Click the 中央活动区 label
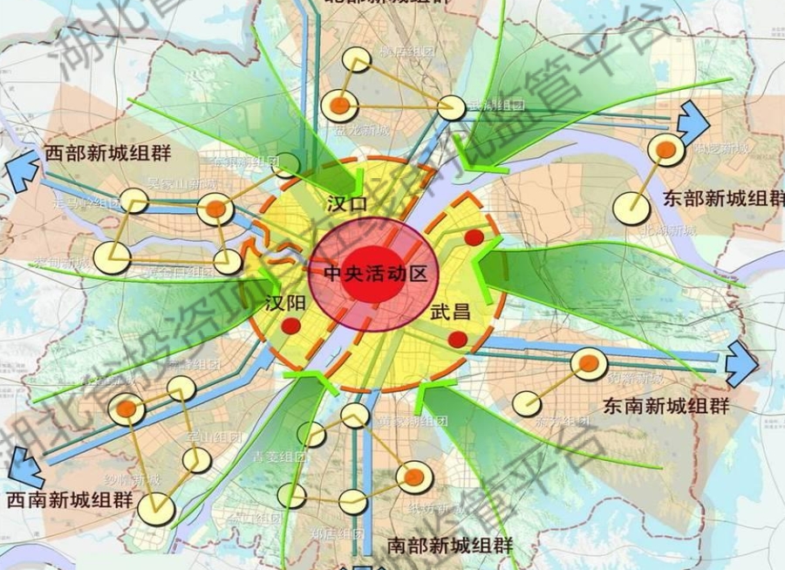tap(375, 274)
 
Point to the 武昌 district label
tap(450, 310)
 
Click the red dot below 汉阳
tap(291, 327)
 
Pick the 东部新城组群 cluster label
tap(723, 196)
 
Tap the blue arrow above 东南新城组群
tap(742, 359)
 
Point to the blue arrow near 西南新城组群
tap(24, 472)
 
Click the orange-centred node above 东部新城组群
tap(666, 150)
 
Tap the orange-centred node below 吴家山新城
tap(215, 209)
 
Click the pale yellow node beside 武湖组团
tap(451, 107)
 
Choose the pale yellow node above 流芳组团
tap(526, 403)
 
